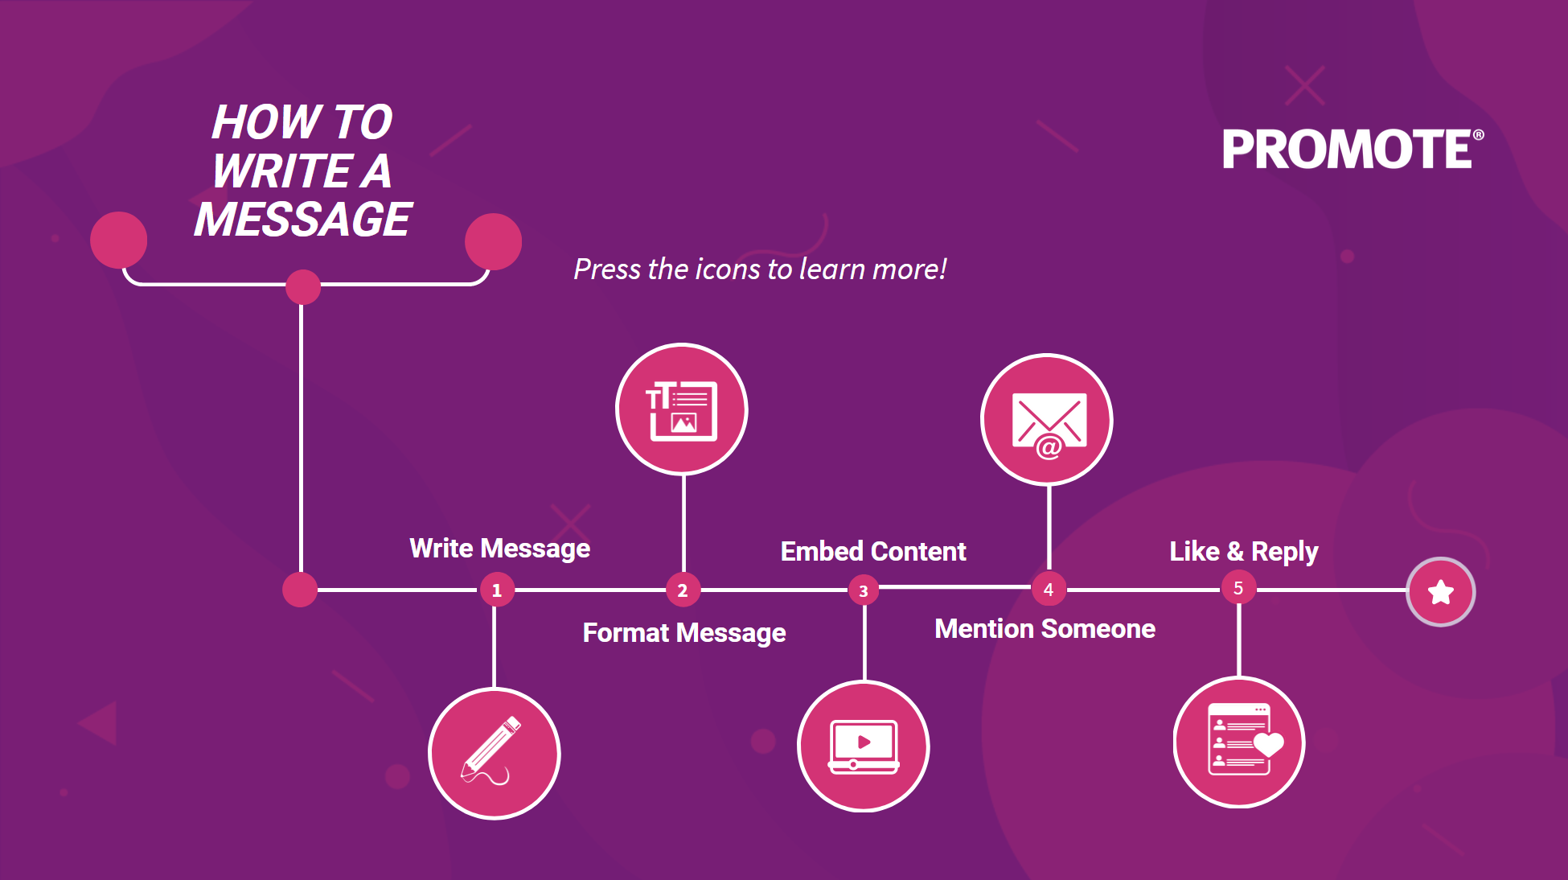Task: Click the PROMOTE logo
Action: click(x=1353, y=150)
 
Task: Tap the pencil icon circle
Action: click(x=495, y=754)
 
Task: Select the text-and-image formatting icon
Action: click(x=682, y=409)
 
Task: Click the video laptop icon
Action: click(x=864, y=746)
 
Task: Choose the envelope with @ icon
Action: click(x=1047, y=419)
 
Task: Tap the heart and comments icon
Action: click(x=1239, y=742)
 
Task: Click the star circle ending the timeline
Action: click(x=1441, y=592)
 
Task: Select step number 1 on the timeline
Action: click(x=497, y=590)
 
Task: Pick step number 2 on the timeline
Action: click(x=683, y=590)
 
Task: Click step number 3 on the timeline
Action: click(x=864, y=590)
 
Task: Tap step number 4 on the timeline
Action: click(x=1049, y=589)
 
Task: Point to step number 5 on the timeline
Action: click(x=1238, y=588)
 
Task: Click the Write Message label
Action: click(x=500, y=549)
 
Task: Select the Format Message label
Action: click(x=684, y=633)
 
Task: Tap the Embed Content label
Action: click(x=873, y=552)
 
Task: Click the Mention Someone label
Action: click(x=1045, y=629)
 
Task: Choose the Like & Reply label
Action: click(x=1244, y=552)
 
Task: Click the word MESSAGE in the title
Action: click(x=303, y=220)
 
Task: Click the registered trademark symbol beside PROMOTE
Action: click(x=1478, y=135)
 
